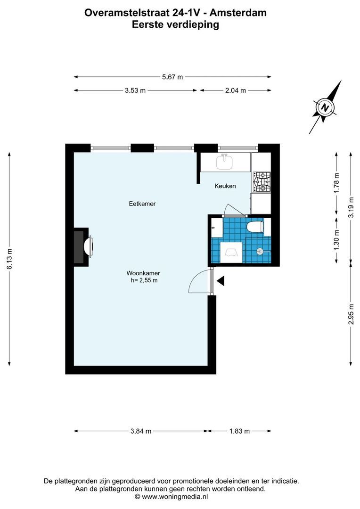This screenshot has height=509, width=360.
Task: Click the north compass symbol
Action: tap(325, 107)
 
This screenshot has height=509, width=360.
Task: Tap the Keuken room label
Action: tap(225, 186)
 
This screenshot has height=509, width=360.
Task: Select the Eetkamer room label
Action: tap(142, 204)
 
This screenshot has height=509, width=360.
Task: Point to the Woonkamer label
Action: tap(143, 273)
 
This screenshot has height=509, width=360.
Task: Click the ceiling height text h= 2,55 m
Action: tap(144, 280)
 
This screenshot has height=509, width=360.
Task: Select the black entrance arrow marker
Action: tap(221, 281)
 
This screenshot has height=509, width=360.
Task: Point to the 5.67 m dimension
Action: tap(172, 77)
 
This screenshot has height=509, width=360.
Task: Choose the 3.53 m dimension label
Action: tap(135, 90)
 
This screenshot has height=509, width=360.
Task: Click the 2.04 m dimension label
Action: tap(236, 90)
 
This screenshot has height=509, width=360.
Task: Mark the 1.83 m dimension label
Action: tap(239, 431)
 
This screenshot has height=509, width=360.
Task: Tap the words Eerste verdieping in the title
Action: tap(175, 25)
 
